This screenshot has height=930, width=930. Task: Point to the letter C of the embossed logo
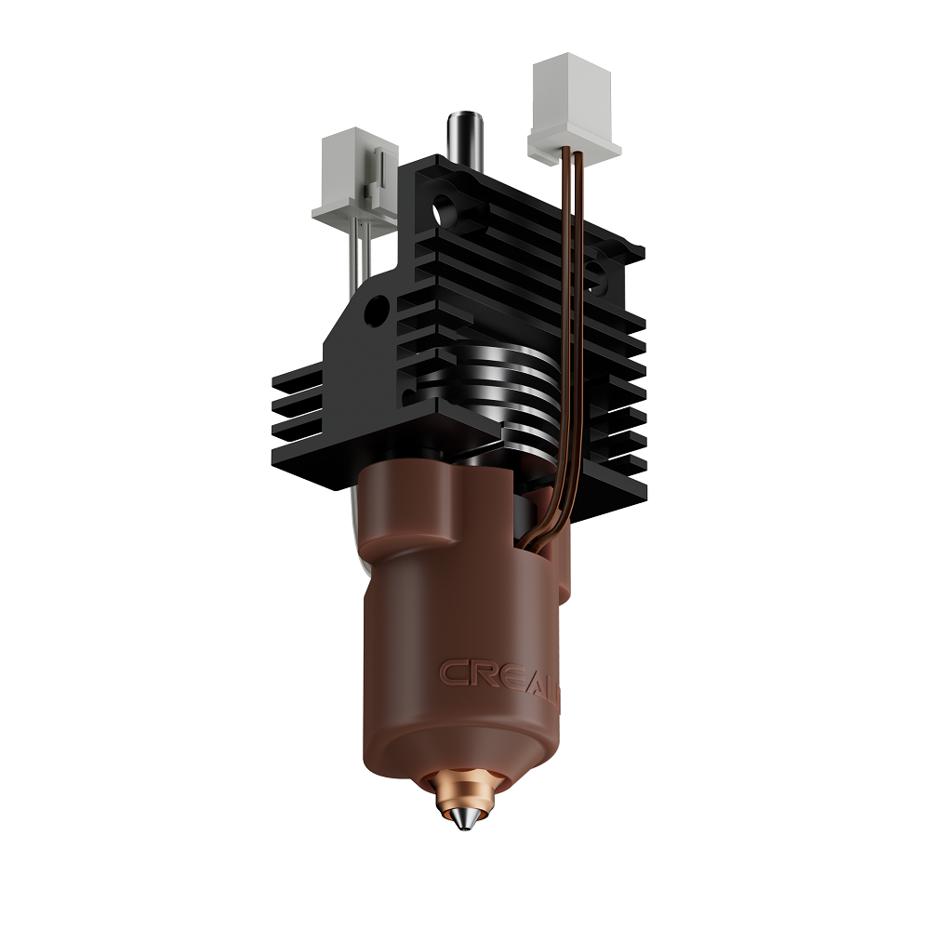[x=453, y=671]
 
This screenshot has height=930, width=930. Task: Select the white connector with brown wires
[x=574, y=109]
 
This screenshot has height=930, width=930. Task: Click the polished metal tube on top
[x=460, y=139]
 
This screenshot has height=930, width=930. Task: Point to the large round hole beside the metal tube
[x=450, y=207]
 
